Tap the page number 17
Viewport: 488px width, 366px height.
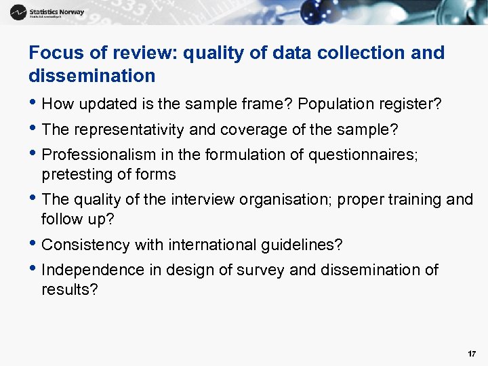click(x=472, y=354)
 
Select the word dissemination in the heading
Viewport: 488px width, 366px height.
click(x=92, y=76)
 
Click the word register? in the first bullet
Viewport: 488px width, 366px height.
click(x=411, y=104)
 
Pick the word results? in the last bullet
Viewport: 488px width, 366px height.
click(x=70, y=289)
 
